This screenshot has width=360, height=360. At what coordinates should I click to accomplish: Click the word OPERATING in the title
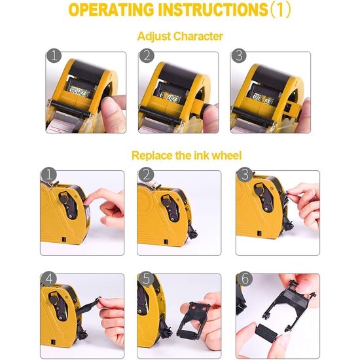[x=111, y=10]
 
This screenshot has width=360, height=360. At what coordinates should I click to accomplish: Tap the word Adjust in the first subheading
[x=154, y=37]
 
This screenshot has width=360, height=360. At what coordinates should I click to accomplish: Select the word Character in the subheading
[x=198, y=36]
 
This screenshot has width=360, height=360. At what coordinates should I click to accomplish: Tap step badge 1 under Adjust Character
[x=54, y=56]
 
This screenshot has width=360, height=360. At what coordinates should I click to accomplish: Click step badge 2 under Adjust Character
[x=147, y=56]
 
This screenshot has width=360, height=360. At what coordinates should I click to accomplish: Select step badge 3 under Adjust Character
[x=239, y=56]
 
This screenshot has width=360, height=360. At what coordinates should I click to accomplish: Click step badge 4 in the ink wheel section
[x=48, y=279]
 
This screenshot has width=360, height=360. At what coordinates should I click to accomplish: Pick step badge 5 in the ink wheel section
[x=146, y=279]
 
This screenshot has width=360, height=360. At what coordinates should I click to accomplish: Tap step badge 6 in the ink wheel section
[x=245, y=279]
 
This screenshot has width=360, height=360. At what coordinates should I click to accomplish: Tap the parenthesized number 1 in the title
[x=280, y=10]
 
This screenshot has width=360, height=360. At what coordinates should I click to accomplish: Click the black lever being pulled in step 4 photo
[x=88, y=306]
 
